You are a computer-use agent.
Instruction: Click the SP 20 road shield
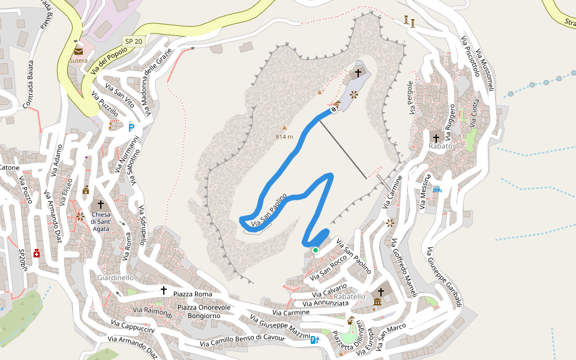click(133, 41)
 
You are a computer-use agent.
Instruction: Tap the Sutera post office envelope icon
click(79, 52)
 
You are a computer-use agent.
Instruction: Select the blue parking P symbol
click(131, 127)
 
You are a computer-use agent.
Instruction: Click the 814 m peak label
click(284, 137)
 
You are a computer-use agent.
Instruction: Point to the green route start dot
click(315, 250)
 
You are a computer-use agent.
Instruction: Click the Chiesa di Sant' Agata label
click(101, 221)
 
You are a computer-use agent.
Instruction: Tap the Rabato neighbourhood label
click(440, 146)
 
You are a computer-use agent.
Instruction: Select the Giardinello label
click(115, 278)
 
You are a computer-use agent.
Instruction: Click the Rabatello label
click(349, 296)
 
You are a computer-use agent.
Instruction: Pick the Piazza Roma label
click(193, 294)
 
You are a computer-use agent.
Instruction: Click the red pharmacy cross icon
click(37, 253)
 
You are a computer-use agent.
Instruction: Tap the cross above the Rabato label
click(436, 138)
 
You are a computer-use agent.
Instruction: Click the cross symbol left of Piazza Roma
click(163, 290)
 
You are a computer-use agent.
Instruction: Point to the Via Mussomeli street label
click(485, 71)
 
